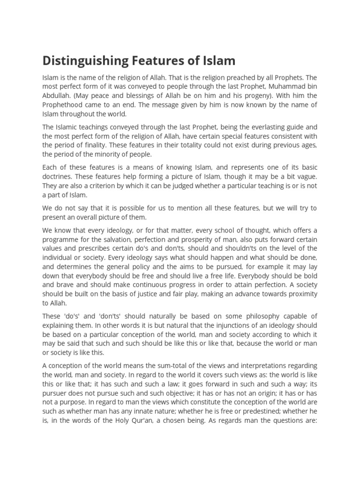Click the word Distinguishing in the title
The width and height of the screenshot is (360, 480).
[84, 61]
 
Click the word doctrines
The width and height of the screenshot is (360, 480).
[58, 176]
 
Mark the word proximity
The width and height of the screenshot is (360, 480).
[295, 294]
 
